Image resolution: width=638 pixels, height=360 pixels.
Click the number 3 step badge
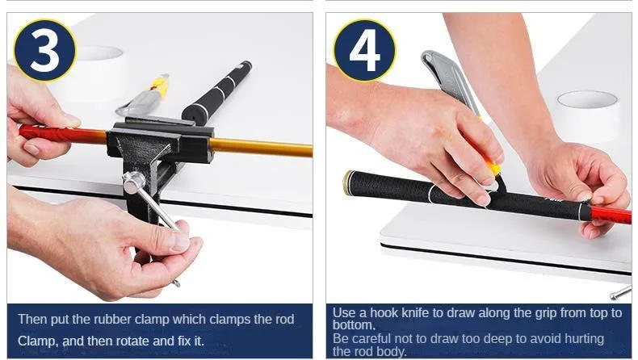pos(44,49)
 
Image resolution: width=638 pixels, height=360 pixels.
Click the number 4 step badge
pos(364,49)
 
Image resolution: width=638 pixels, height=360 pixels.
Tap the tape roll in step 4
pos(588,110)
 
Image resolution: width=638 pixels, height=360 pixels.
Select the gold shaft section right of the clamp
pos(262,147)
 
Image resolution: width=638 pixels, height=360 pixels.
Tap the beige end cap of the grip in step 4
pos(348,182)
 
